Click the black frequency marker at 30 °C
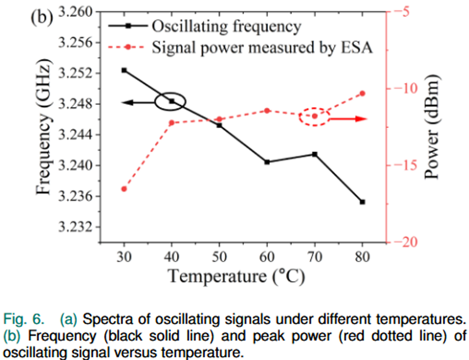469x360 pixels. click(124, 70)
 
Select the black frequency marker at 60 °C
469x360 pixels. click(267, 162)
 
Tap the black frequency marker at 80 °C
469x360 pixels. click(363, 202)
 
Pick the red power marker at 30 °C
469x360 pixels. click(124, 189)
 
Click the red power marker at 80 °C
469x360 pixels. click(363, 93)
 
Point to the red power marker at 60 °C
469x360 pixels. click(267, 110)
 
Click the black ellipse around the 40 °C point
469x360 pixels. click(170, 102)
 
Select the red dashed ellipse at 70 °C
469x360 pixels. click(314, 116)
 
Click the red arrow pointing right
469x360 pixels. click(349, 119)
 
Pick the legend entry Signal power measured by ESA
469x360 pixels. click(262, 48)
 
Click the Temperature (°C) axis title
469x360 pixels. click(236, 276)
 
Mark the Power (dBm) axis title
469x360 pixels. click(432, 127)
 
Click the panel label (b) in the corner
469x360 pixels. click(42, 17)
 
